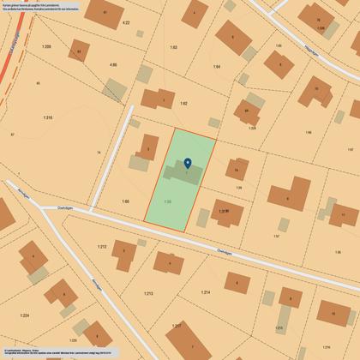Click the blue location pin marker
188,163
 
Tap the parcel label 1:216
47,117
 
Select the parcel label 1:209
45,46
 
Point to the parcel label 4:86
112,64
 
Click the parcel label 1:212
102,247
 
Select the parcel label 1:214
206,293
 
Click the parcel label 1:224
24,315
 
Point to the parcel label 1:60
125,201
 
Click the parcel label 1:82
183,103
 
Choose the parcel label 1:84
217,66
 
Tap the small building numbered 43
79,52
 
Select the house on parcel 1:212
125,255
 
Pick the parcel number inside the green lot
168,201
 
